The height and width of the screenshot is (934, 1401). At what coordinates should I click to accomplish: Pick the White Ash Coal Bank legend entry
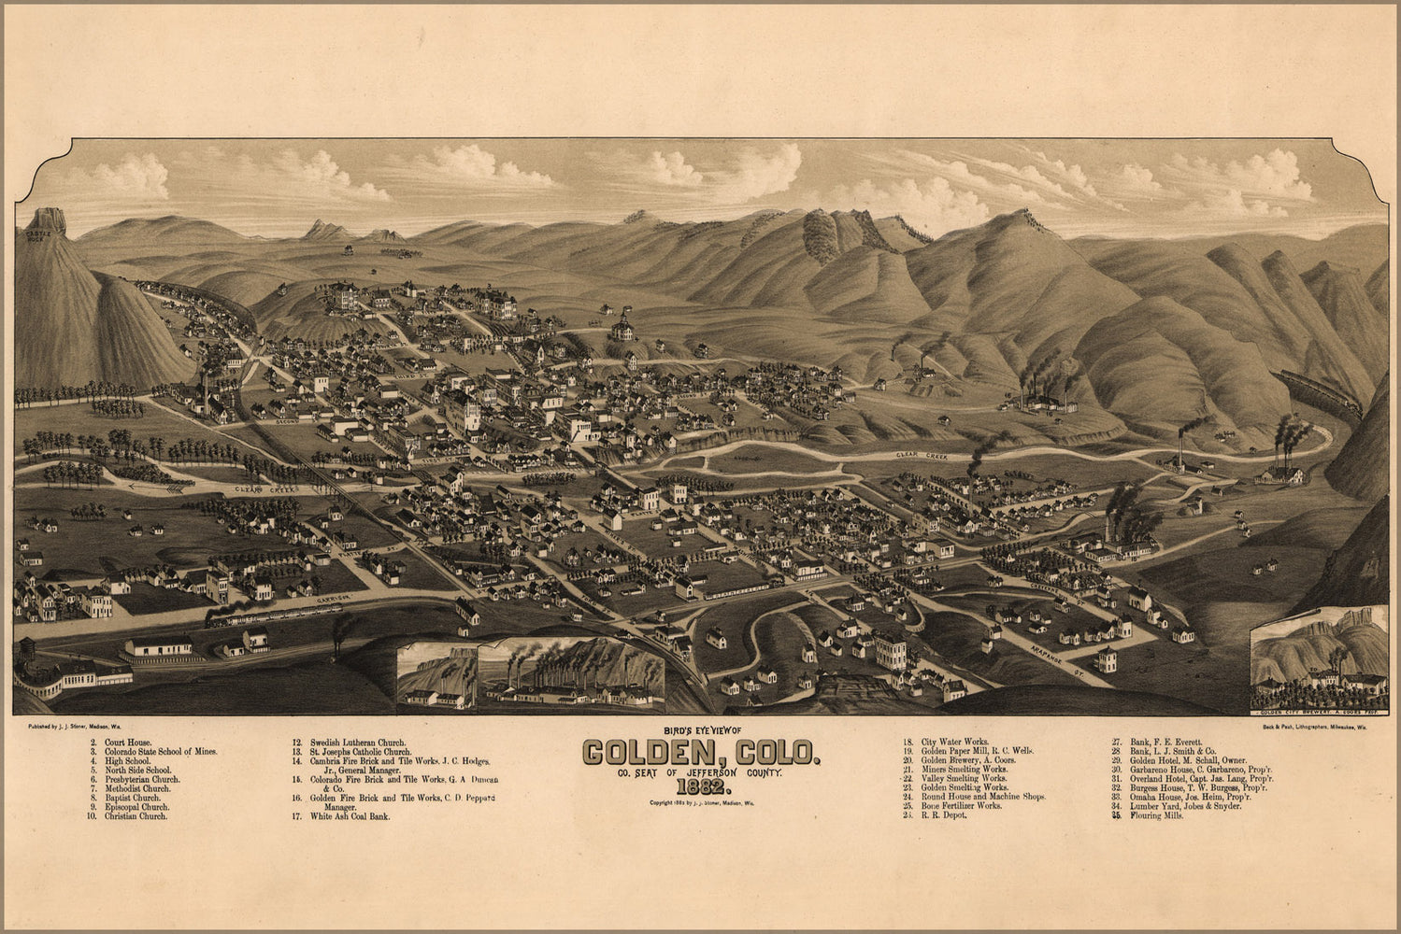(x=350, y=816)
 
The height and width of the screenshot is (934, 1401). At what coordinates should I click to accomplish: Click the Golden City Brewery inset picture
(x=1319, y=662)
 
